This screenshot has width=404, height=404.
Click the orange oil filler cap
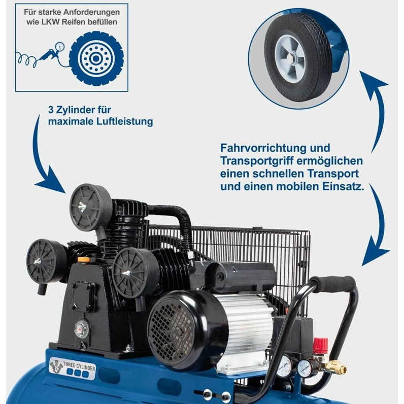[84, 260]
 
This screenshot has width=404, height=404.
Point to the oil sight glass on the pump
[82, 329]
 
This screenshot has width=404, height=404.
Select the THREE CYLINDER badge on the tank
[73, 368]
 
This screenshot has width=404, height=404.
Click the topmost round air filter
[91, 207]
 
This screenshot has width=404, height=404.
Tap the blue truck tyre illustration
[96, 58]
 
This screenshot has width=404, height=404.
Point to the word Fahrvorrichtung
[263, 148]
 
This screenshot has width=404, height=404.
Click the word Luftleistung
[125, 121]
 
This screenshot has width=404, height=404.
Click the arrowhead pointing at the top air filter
[53, 182]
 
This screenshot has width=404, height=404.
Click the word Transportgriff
[257, 161]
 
